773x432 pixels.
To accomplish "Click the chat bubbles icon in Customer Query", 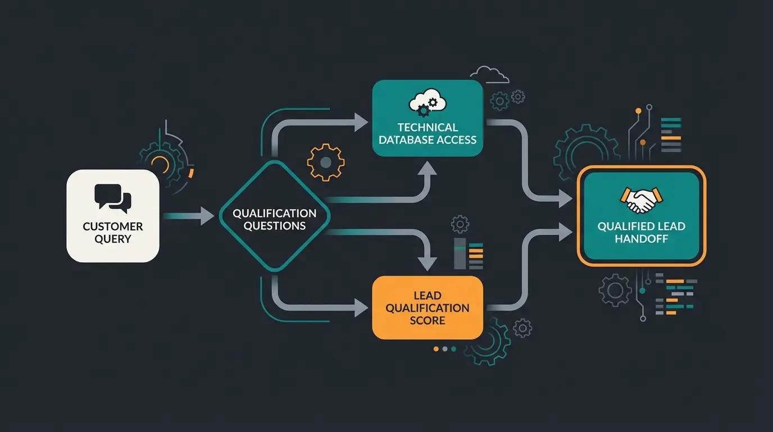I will (113, 199).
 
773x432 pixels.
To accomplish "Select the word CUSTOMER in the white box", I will (113, 227).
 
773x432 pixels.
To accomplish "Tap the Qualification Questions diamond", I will (274, 219).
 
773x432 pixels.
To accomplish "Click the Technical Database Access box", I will (428, 118).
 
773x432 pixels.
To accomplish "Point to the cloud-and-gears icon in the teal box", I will (428, 102).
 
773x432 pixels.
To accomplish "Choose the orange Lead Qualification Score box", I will (428, 307).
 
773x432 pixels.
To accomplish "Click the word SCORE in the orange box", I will (428, 321).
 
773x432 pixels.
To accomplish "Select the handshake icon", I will (641, 200).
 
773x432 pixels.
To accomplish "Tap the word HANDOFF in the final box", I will (641, 239).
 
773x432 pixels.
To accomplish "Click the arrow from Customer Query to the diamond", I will (188, 215).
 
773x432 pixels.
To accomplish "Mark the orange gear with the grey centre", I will (325, 163).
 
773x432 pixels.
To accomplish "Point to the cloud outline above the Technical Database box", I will (489, 75).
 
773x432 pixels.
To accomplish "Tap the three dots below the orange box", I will (445, 349).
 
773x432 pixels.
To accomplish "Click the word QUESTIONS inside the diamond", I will (274, 226).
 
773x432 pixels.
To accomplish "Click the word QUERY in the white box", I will (113, 239).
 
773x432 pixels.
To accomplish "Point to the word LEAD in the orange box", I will (428, 295).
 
